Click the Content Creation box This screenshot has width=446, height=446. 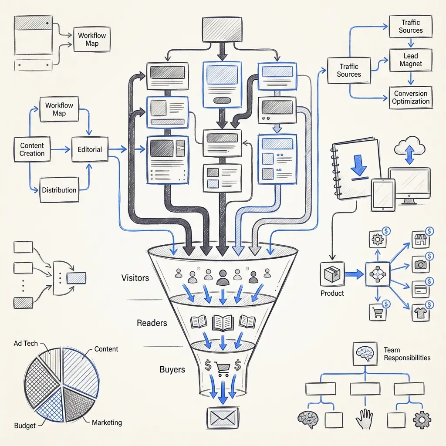[x=32, y=149]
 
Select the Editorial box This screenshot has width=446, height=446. [x=89, y=149]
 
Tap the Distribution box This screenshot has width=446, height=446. [x=59, y=190]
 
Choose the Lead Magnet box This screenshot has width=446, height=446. [x=410, y=60]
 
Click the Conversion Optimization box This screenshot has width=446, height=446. [x=410, y=97]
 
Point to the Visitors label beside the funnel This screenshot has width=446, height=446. [x=135, y=277]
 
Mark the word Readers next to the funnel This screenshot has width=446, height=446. [x=152, y=323]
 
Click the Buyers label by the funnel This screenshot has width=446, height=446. [x=172, y=369]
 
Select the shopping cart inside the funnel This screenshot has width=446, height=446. [x=223, y=368]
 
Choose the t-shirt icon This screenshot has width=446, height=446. [x=420, y=312]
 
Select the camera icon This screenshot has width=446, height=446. [x=420, y=264]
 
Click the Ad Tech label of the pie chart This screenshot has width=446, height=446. [x=26, y=343]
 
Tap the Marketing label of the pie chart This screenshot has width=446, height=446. [x=107, y=422]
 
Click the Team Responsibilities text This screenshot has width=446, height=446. [x=406, y=354]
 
